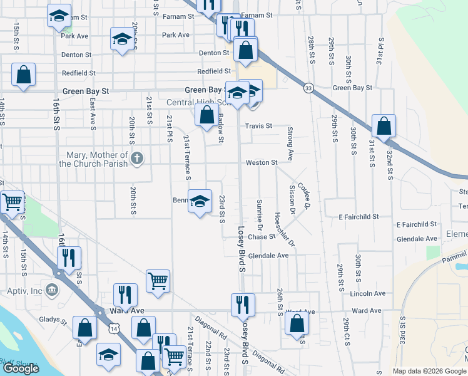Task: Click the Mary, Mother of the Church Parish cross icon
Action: tap(137, 159)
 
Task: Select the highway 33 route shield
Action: tap(308, 88)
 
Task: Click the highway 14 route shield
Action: tap(113, 328)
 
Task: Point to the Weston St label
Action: tap(261, 163)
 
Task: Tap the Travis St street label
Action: tap(258, 126)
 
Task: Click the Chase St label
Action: tap(262, 237)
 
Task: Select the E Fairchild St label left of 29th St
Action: tap(359, 217)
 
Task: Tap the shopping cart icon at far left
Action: tap(12, 202)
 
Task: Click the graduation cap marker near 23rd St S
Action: tap(200, 201)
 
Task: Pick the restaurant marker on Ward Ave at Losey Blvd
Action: tap(242, 305)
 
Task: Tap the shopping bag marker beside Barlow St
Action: tap(206, 115)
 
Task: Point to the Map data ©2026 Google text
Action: tap(429, 371)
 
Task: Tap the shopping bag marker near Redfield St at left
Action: tap(23, 75)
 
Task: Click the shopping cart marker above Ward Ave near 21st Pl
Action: tap(158, 281)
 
